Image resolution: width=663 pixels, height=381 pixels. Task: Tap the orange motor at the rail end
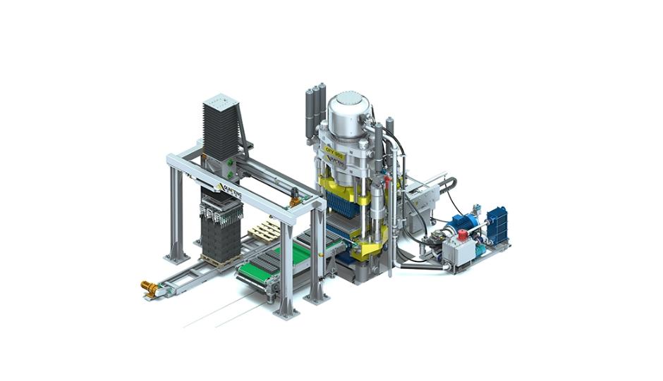click(x=149, y=287)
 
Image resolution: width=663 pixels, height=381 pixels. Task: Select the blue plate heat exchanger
click(x=497, y=224)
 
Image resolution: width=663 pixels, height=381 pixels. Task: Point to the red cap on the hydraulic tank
click(x=463, y=235)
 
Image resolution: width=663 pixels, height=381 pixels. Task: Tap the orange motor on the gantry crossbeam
click(x=294, y=201)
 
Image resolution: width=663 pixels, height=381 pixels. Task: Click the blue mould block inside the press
click(x=345, y=205)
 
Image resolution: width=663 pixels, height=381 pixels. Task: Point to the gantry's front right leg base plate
click(x=286, y=312)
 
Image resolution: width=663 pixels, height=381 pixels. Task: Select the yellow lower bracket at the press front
click(x=367, y=246)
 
